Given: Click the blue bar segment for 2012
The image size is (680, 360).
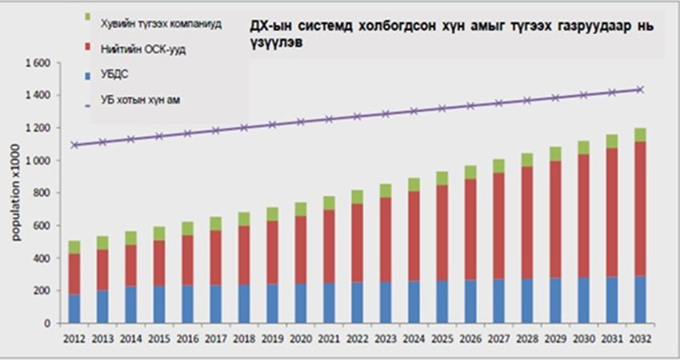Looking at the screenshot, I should pos(74,309).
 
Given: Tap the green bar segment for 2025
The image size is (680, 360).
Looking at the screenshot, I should pos(442,178).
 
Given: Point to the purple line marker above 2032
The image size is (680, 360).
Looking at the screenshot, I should pos(640,90).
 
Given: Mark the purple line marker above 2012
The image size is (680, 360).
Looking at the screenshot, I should pos(74,145).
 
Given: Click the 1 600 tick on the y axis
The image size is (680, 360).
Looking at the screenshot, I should pos(38,63).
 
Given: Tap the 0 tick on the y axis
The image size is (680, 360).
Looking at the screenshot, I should pos(49,323).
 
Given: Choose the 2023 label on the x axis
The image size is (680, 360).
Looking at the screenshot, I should pos(385,337).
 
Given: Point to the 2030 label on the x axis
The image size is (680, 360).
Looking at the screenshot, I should pos(583,337).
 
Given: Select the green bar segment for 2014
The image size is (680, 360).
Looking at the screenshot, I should pos(130,238).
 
